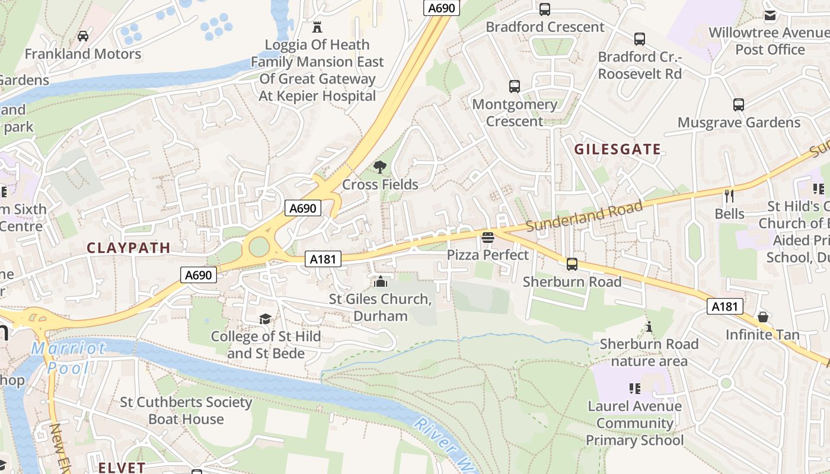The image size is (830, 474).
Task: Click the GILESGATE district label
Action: [x=617, y=149]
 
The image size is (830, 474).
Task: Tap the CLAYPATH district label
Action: [x=129, y=248]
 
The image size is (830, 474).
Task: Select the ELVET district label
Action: [x=117, y=467]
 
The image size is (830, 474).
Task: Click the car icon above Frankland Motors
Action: [x=83, y=36]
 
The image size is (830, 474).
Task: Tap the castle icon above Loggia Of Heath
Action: [x=317, y=27]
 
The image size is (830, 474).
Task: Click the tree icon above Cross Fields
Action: [x=380, y=167]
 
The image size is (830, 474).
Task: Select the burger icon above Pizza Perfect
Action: [x=487, y=238]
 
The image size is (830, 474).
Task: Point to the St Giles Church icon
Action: [x=380, y=281]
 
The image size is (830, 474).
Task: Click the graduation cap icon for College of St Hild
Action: [x=266, y=319]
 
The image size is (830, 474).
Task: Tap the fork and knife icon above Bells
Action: [x=729, y=196]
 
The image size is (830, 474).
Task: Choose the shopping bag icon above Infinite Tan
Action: [x=763, y=317]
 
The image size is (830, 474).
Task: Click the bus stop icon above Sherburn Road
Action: [x=572, y=264]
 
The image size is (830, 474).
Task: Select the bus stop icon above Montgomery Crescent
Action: [x=515, y=87]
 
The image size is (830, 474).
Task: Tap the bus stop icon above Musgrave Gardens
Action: [x=739, y=105]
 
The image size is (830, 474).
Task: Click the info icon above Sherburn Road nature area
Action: [x=649, y=326]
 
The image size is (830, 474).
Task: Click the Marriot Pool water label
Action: [x=68, y=358]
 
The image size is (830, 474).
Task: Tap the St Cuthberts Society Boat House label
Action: [x=186, y=411]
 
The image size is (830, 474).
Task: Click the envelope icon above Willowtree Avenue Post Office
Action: [x=770, y=15]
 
